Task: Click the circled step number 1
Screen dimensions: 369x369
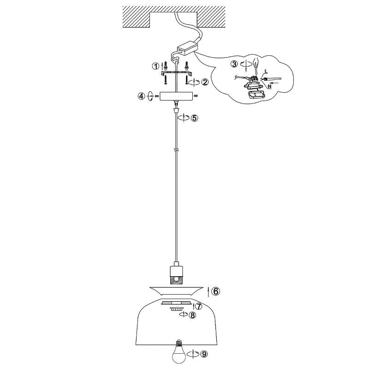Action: (x=155, y=66)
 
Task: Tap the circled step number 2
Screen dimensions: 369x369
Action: (x=205, y=82)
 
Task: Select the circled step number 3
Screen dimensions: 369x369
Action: (x=234, y=64)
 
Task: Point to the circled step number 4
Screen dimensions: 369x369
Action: (x=141, y=96)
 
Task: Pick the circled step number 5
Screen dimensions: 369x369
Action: (x=194, y=118)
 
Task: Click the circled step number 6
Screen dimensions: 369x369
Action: (x=215, y=292)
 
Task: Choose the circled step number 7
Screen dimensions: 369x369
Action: (x=199, y=306)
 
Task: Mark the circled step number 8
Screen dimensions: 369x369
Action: (x=192, y=315)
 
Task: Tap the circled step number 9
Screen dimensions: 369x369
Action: (x=203, y=354)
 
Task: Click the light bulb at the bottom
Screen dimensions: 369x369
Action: (x=179, y=354)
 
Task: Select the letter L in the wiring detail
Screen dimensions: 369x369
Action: (x=266, y=71)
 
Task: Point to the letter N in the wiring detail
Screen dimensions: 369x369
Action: (x=269, y=87)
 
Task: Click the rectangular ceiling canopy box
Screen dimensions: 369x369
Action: (x=176, y=96)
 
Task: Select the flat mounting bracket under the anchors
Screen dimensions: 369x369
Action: (x=176, y=73)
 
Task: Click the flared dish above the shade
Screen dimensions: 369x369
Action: (x=176, y=291)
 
